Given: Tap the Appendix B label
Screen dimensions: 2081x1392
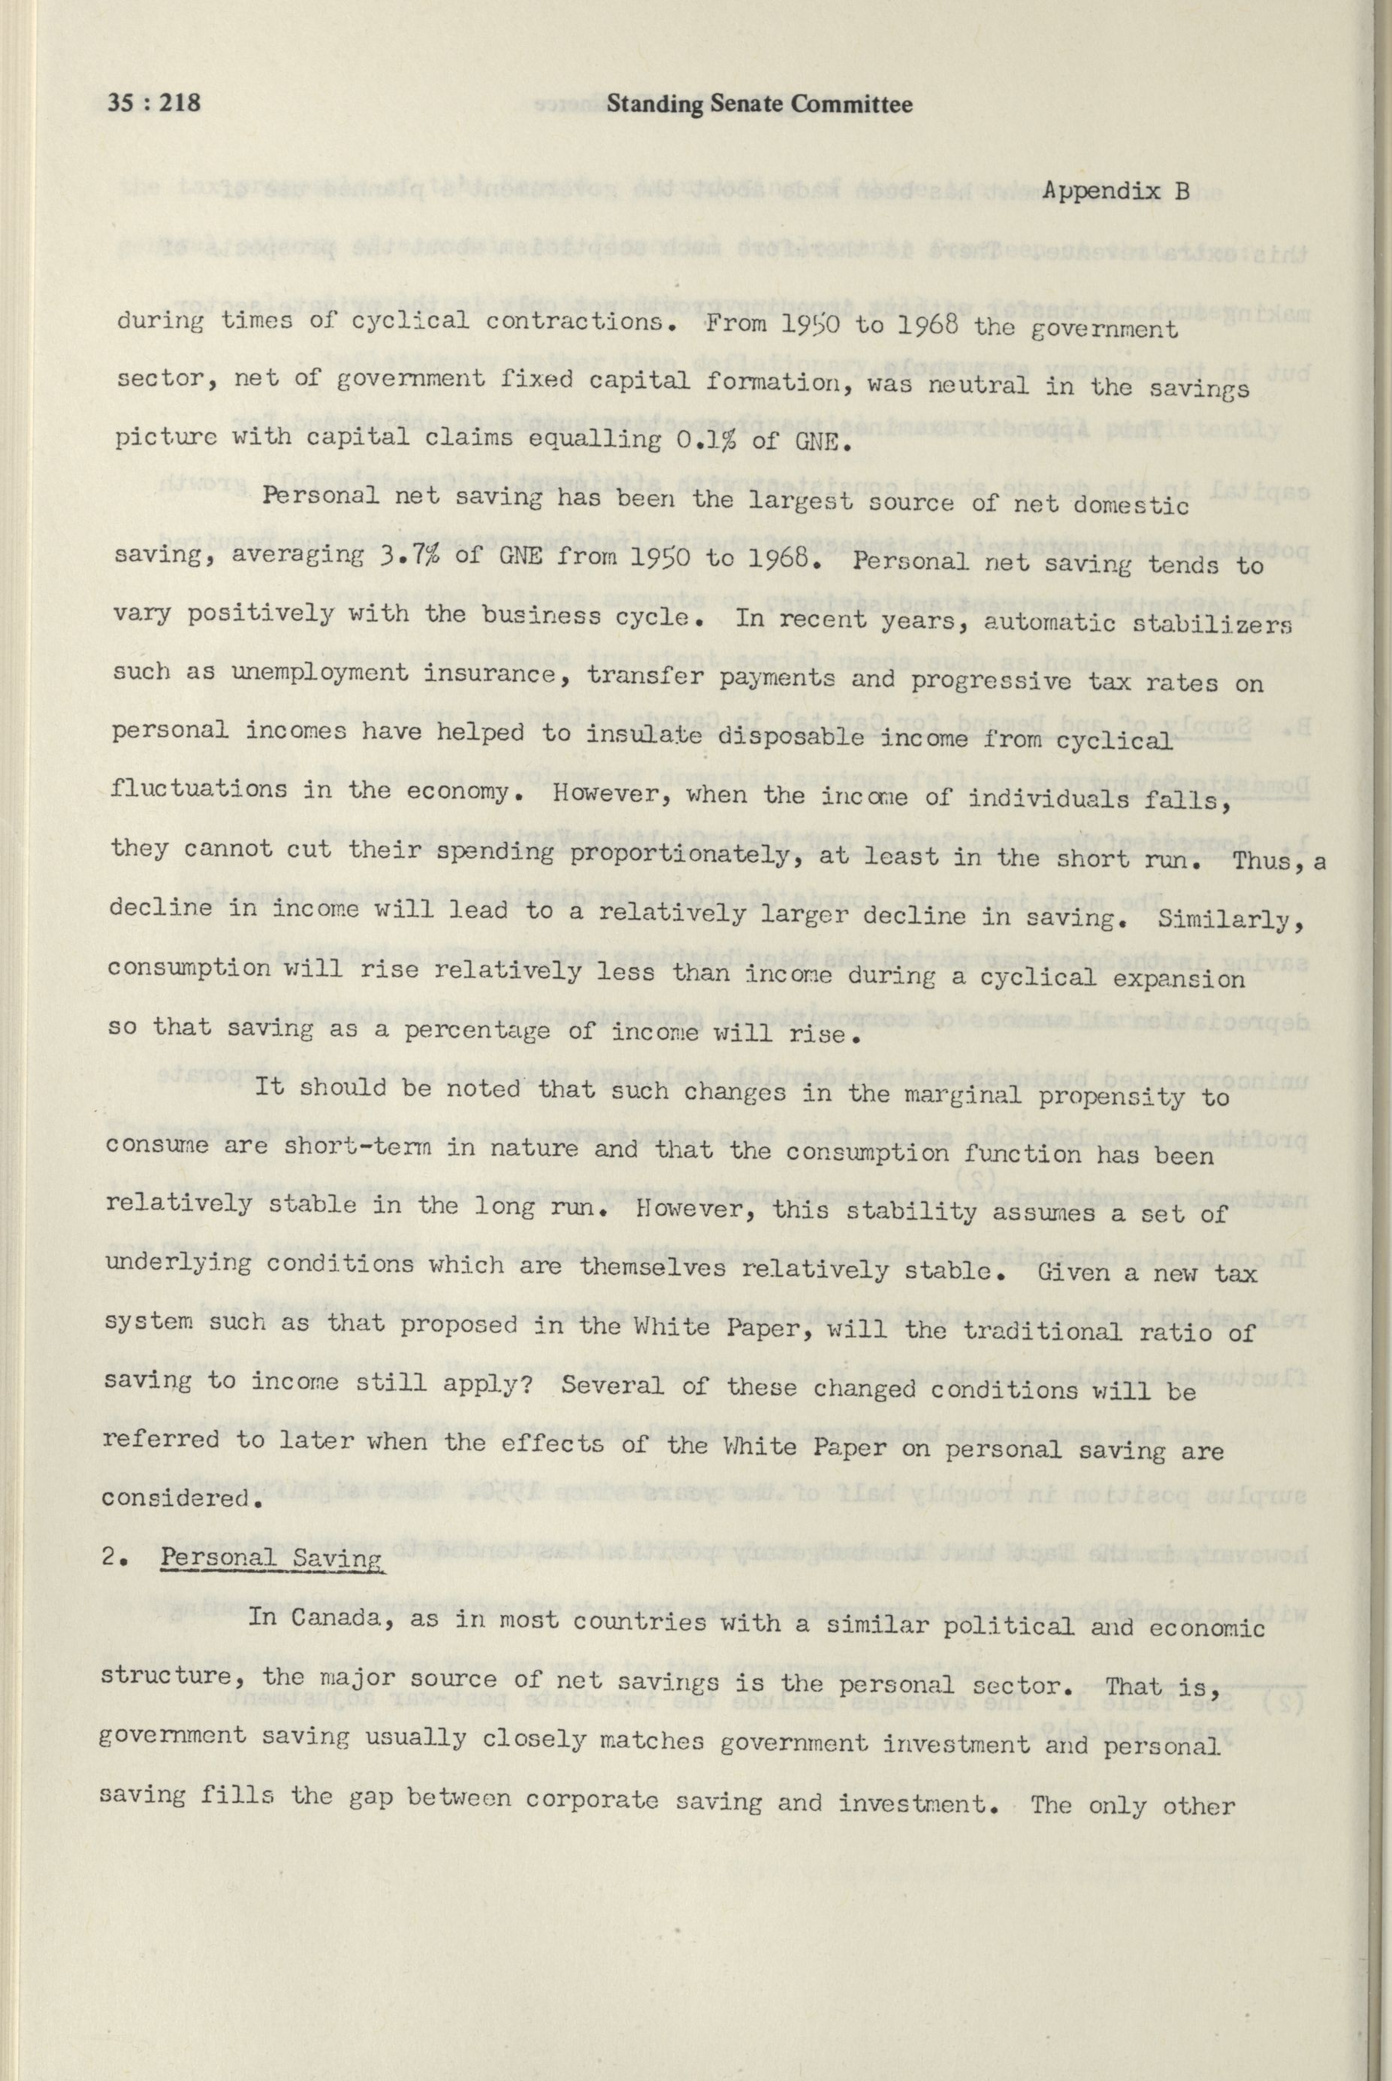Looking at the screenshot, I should click(1116, 191).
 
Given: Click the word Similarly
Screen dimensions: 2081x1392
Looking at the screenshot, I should click(1230, 916).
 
